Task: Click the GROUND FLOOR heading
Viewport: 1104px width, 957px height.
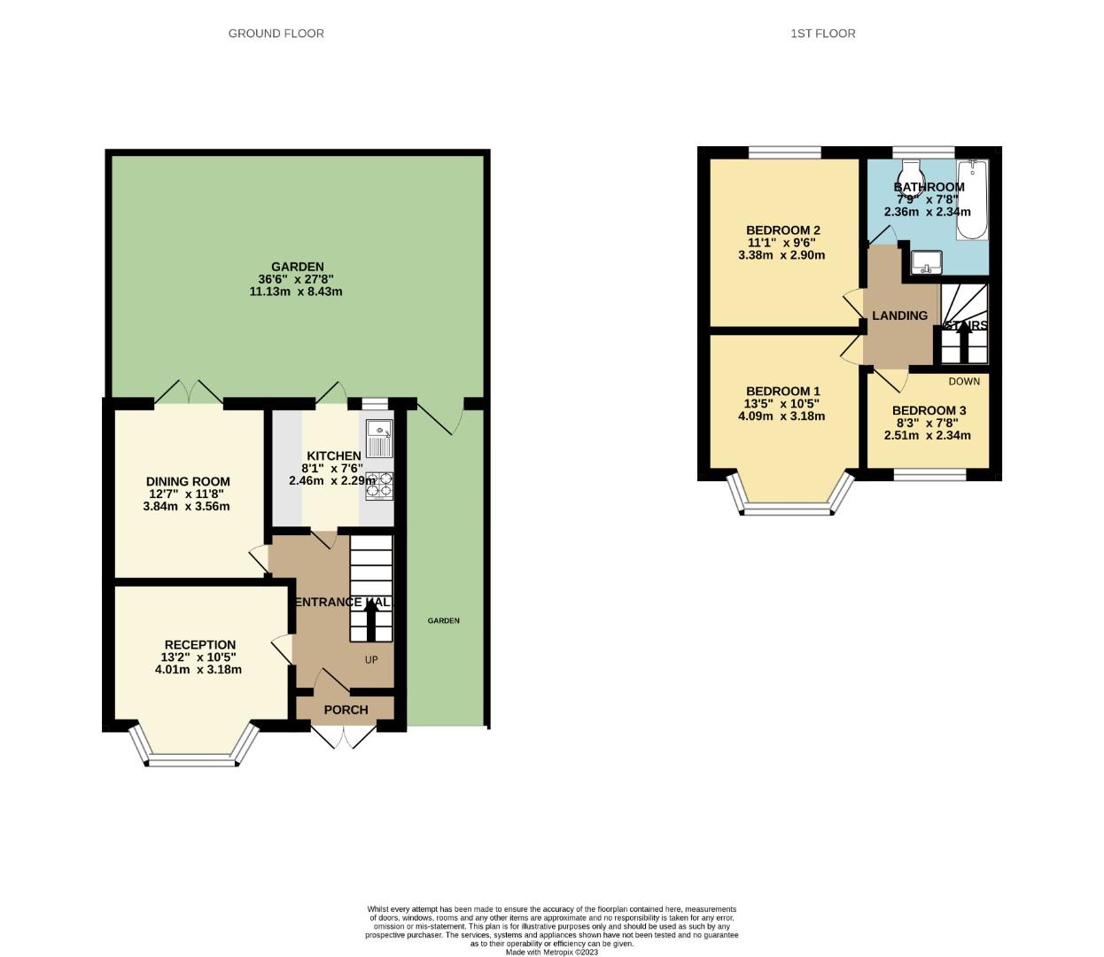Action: pyautogui.click(x=276, y=34)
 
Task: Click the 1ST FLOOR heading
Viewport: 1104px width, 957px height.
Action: pyautogui.click(x=822, y=34)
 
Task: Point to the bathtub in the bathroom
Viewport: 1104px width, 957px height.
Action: pyautogui.click(x=972, y=200)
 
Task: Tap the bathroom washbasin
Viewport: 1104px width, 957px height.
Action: pyautogui.click(x=926, y=261)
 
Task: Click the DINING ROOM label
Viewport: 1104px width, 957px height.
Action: pyautogui.click(x=188, y=482)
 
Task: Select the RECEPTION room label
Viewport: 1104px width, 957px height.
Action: pyautogui.click(x=199, y=645)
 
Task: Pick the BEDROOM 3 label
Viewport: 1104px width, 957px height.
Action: pyautogui.click(x=929, y=410)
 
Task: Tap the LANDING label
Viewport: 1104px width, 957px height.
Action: pyautogui.click(x=899, y=315)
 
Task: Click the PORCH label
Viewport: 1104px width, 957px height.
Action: pyautogui.click(x=346, y=710)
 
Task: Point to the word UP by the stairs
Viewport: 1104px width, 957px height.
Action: pyautogui.click(x=371, y=659)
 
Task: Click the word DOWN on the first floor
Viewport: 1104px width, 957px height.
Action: pyautogui.click(x=964, y=382)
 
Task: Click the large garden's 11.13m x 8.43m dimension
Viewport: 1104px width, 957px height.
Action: pyautogui.click(x=296, y=292)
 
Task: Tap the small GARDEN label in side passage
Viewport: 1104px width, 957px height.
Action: pyautogui.click(x=443, y=620)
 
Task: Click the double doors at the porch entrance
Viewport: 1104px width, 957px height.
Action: pyautogui.click(x=346, y=735)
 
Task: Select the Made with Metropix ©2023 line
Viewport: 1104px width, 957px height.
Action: pyautogui.click(x=552, y=953)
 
